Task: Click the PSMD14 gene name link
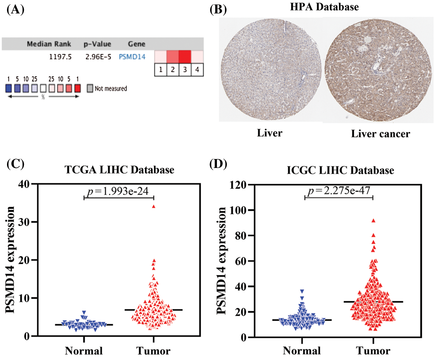click(132, 57)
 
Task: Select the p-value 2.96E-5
click(98, 57)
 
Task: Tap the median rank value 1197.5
click(60, 57)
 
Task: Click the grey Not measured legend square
click(90, 88)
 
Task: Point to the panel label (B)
click(218, 9)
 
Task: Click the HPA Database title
click(324, 7)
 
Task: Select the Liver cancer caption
click(380, 134)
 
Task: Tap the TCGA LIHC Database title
click(119, 170)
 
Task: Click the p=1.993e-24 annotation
click(118, 191)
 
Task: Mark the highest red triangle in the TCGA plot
click(154, 207)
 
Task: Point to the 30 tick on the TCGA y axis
click(24, 222)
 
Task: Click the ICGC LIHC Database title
click(340, 170)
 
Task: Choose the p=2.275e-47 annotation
click(339, 191)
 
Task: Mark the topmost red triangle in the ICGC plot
click(373, 221)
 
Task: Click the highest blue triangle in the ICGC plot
click(302, 291)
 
